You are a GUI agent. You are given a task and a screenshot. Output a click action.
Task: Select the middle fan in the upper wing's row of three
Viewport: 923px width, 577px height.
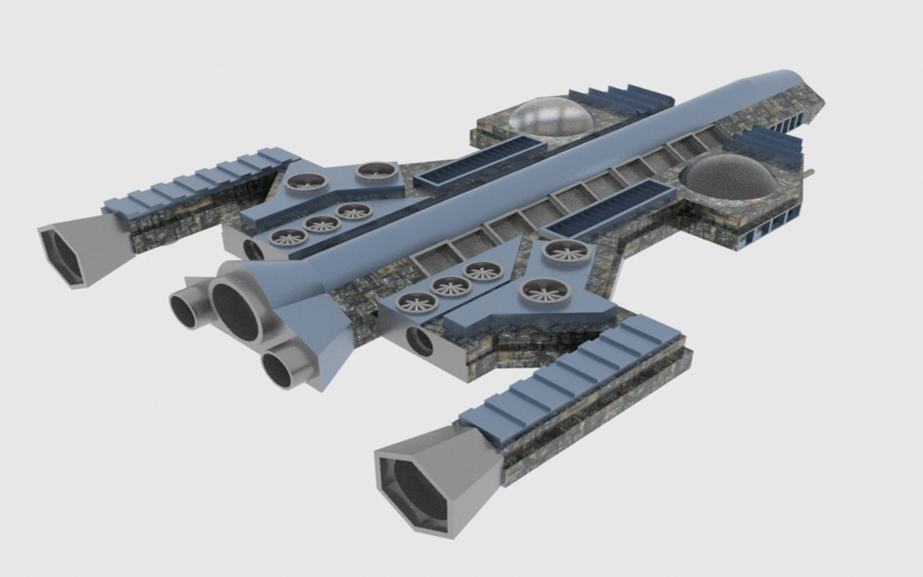(323, 224)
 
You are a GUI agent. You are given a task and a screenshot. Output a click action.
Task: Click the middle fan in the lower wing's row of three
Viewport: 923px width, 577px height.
(450, 287)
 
